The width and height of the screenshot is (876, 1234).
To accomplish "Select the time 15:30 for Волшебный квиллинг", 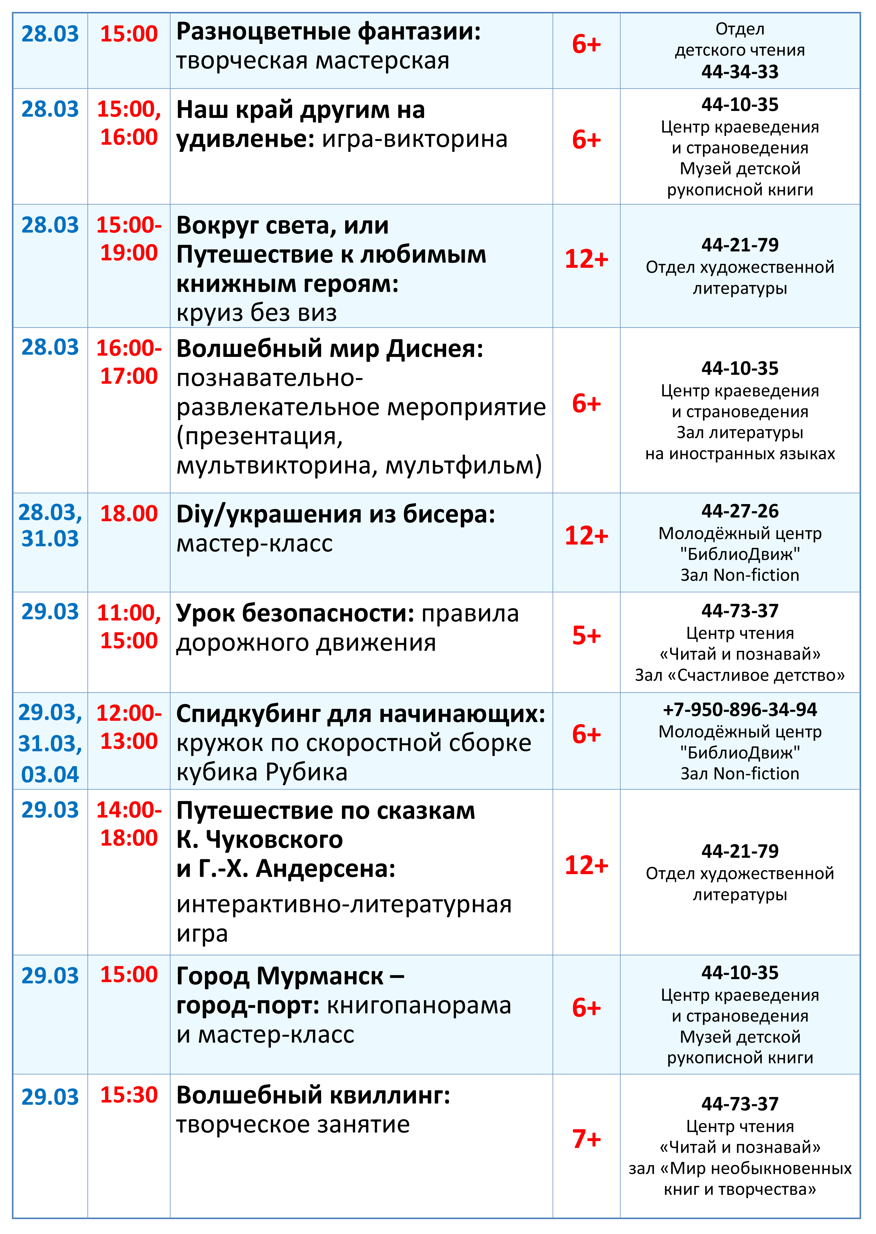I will tap(129, 1095).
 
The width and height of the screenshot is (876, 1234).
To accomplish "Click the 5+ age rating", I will tap(586, 636).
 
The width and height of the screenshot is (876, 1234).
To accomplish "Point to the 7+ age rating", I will tap(586, 1139).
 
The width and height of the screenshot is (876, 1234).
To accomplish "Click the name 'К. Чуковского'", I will tap(260, 840).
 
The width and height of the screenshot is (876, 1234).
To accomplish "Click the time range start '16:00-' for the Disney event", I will tap(129, 348).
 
